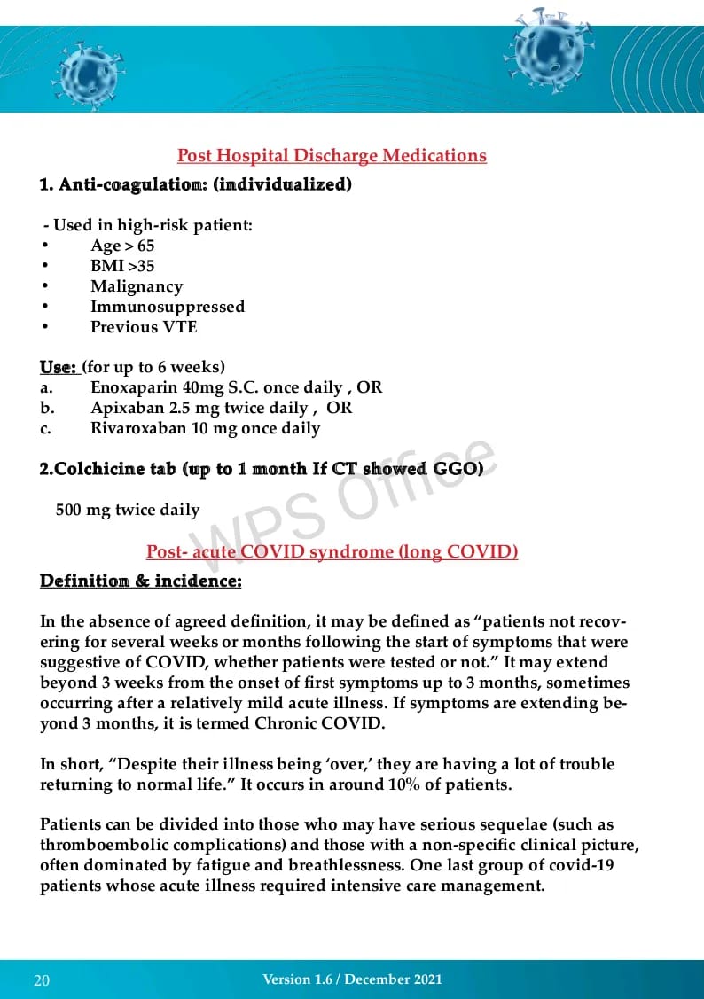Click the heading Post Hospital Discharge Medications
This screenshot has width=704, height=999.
332,156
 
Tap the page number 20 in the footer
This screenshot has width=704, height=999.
42,980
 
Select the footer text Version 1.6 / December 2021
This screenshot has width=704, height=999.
352,979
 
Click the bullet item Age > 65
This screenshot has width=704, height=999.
122,246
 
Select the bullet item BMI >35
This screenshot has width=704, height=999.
122,266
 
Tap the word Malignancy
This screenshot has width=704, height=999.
137,286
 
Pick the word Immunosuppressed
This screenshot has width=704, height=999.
168,307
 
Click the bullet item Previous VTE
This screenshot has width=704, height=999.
144,327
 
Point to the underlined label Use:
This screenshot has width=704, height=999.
58,367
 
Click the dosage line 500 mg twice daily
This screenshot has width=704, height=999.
128,510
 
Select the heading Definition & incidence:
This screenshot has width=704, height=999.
140,581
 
